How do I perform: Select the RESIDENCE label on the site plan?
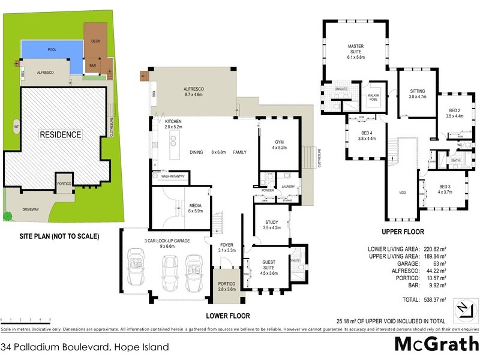tap(60, 134)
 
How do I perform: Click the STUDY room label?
tap(272, 224)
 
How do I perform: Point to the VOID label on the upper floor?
tap(403, 193)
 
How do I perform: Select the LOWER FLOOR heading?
tap(227, 315)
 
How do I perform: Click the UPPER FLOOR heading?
tap(403, 232)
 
